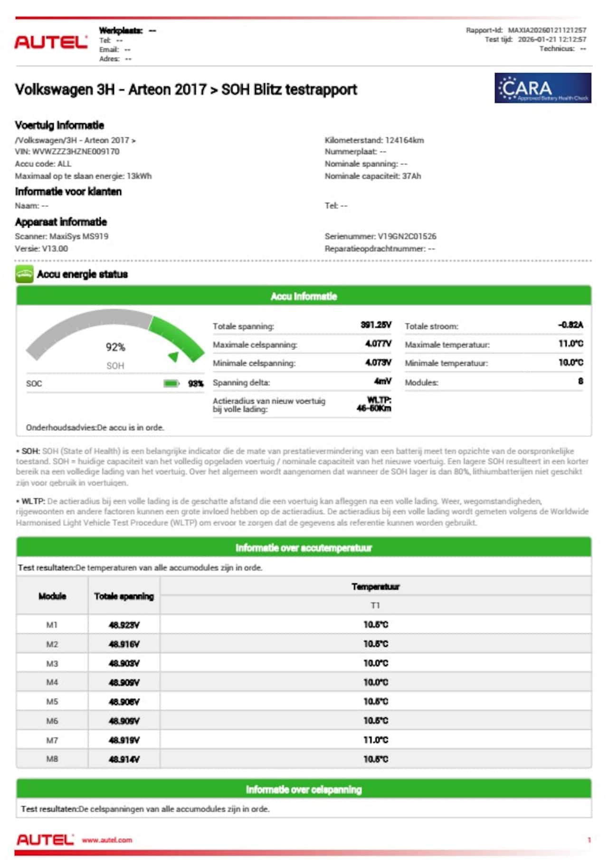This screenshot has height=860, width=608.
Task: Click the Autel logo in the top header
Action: [51, 42]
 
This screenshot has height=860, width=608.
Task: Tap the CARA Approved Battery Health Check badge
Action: [542, 88]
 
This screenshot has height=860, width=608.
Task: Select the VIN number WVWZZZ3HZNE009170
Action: [76, 152]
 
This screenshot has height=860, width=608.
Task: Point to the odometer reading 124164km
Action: [404, 140]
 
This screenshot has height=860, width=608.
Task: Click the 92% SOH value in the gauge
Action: [115, 347]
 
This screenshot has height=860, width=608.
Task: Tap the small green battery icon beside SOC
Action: [171, 384]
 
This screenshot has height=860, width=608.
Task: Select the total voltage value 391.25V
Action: [376, 325]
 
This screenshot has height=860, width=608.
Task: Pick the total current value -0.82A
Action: [570, 325]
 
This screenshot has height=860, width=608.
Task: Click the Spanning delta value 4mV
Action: [382, 381]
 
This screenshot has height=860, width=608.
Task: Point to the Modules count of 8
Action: [580, 381]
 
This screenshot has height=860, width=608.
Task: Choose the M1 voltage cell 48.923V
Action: [124, 625]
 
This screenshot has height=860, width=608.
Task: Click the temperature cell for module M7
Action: [375, 740]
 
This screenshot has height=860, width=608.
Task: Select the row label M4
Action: [52, 682]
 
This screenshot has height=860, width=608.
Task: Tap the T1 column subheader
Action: [375, 605]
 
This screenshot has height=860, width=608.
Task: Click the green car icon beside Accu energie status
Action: [24, 274]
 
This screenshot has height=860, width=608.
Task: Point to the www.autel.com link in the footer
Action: [107, 840]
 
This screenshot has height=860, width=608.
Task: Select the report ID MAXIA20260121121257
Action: [547, 30]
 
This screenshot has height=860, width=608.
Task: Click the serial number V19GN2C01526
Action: [407, 236]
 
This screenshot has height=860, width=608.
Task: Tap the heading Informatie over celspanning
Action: [304, 790]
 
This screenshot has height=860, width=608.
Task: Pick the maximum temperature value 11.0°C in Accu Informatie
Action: [570, 344]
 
